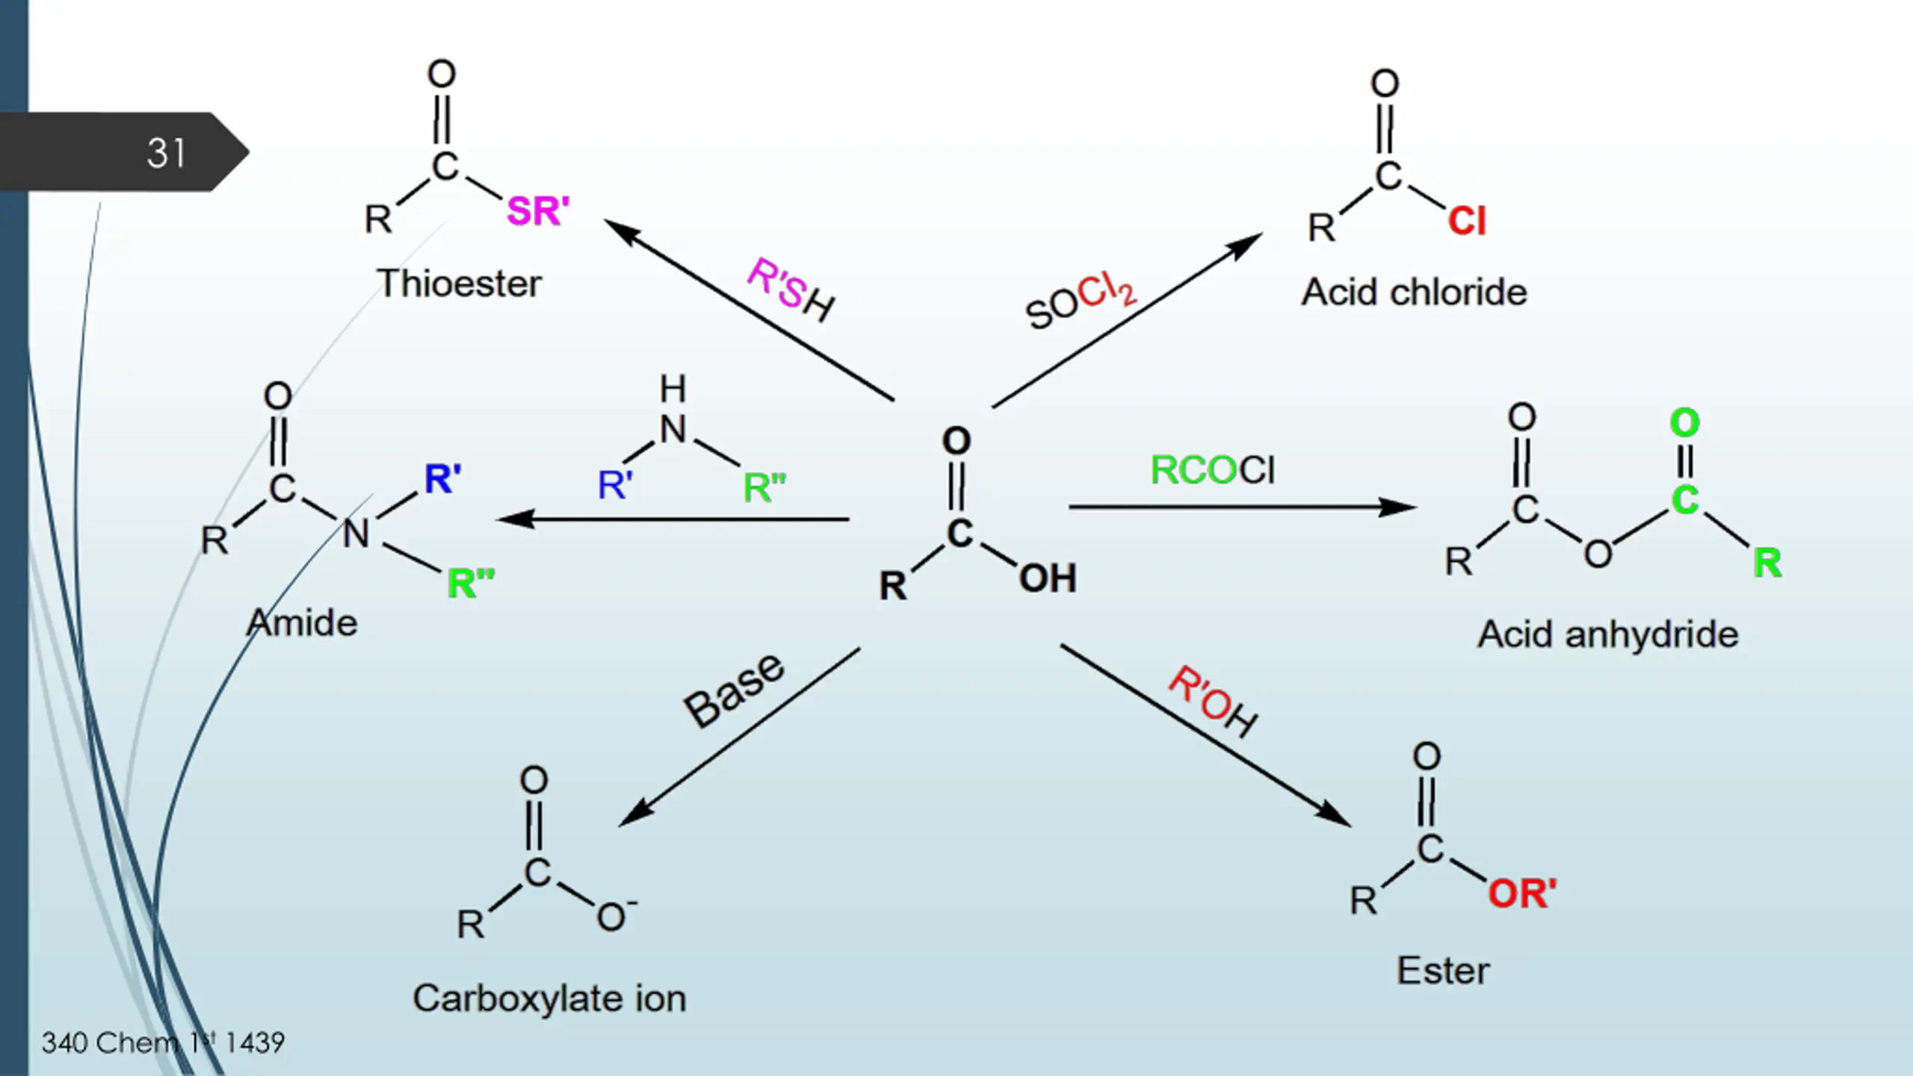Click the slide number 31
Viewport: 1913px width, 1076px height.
click(x=165, y=153)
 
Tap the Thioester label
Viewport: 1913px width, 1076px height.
click(x=460, y=284)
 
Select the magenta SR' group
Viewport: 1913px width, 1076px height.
click(x=538, y=211)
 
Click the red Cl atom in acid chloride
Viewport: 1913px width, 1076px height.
click(x=1467, y=221)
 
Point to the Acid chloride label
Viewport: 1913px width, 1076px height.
click(x=1415, y=292)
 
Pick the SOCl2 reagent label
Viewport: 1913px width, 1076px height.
click(x=1081, y=301)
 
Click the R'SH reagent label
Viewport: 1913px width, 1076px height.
click(x=791, y=290)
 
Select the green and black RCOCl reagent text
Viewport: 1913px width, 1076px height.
click(x=1213, y=470)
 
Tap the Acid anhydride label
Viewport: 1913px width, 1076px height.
click(x=1608, y=634)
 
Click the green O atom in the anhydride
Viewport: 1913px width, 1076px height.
click(x=1684, y=423)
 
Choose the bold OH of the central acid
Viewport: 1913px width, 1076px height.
click(x=1048, y=578)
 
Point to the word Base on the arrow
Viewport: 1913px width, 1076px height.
click(x=734, y=689)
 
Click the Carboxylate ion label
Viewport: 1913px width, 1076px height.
click(x=549, y=998)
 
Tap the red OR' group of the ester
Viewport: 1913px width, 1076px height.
click(x=1522, y=894)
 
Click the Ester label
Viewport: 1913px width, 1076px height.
click(x=1443, y=971)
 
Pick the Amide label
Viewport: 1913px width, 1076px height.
click(x=302, y=623)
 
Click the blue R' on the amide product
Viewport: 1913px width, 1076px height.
click(x=443, y=478)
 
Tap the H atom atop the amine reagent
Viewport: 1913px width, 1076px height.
click(x=673, y=389)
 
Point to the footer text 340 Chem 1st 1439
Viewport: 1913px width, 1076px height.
click(x=163, y=1042)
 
